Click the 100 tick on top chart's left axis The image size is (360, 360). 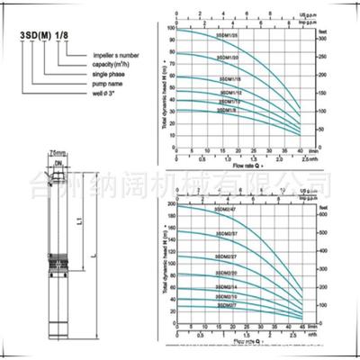tap(171, 29)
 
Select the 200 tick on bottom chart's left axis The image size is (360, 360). tap(169, 206)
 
